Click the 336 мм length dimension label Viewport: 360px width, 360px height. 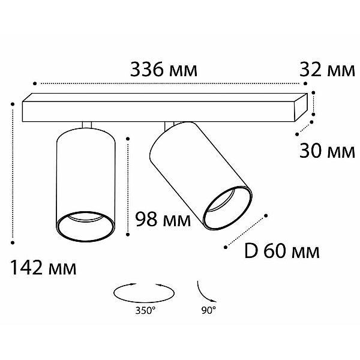(x=163, y=70)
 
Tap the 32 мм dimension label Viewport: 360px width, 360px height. (x=327, y=70)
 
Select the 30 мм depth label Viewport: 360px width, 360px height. (x=327, y=151)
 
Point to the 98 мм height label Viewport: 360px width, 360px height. (x=163, y=220)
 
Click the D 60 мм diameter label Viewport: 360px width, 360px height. (x=282, y=251)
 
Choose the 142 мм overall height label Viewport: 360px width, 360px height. (x=43, y=268)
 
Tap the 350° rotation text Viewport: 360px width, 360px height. (x=145, y=311)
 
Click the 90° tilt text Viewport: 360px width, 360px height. (x=209, y=311)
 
